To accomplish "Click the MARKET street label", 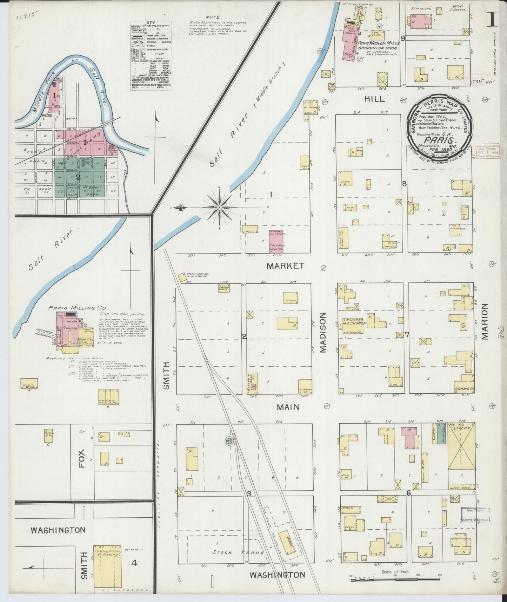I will pyautogui.click(x=285, y=266).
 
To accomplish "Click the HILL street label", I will pyautogui.click(x=374, y=99).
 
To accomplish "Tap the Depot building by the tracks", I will pyautogui.click(x=287, y=540).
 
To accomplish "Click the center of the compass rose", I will pyautogui.click(x=219, y=208).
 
